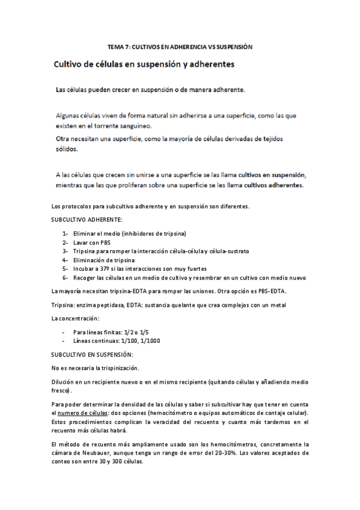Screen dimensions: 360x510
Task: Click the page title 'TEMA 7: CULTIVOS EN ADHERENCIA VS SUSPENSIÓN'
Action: [x=179, y=46]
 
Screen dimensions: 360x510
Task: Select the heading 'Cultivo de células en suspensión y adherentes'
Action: [x=144, y=63]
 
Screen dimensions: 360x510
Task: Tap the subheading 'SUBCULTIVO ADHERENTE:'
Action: [x=87, y=220]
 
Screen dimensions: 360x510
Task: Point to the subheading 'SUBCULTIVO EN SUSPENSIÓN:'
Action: [x=92, y=355]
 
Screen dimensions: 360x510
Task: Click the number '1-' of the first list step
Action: [x=65, y=233]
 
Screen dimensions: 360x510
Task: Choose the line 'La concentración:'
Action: [x=75, y=318]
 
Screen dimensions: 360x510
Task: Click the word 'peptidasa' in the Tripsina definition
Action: [x=116, y=305]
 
